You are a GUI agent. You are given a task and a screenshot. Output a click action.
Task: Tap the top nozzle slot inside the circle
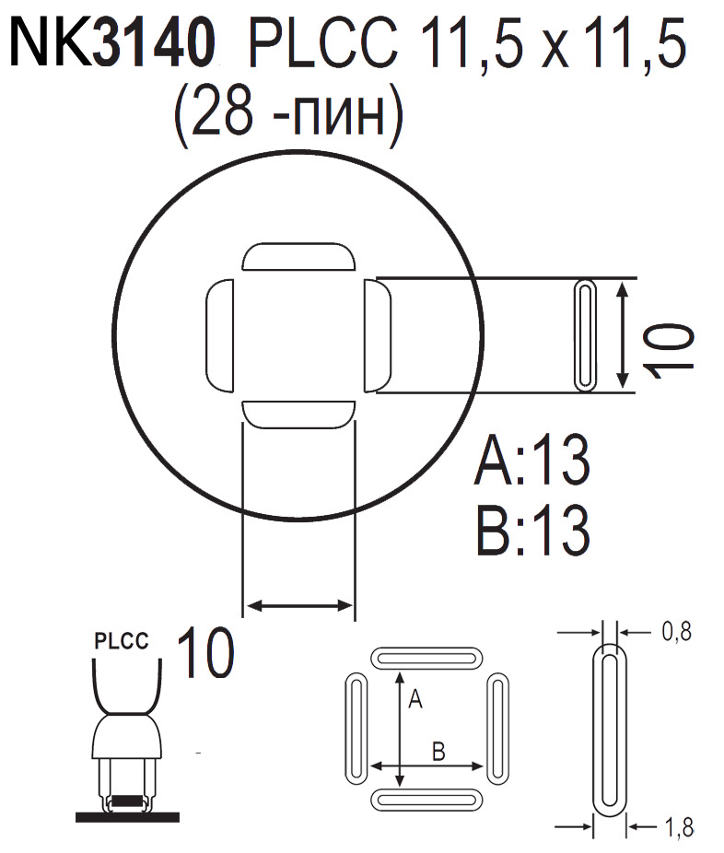point(298,257)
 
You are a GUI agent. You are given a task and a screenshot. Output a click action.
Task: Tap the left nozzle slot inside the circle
point(217,335)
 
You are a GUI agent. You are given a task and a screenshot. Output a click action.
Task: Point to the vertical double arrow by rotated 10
point(624,335)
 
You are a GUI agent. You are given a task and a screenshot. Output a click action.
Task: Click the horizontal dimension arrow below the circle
point(298,605)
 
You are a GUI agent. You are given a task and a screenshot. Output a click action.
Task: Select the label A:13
point(531,465)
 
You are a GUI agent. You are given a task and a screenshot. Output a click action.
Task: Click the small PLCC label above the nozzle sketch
point(122,642)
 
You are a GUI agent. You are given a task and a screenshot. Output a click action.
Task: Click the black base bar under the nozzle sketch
point(127,815)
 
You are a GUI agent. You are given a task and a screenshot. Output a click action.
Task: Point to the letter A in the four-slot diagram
point(415,701)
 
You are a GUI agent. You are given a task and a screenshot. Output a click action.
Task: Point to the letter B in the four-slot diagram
point(438,752)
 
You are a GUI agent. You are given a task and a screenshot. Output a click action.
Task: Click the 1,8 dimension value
point(675,827)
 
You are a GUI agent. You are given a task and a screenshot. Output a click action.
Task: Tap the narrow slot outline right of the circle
point(585,335)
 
